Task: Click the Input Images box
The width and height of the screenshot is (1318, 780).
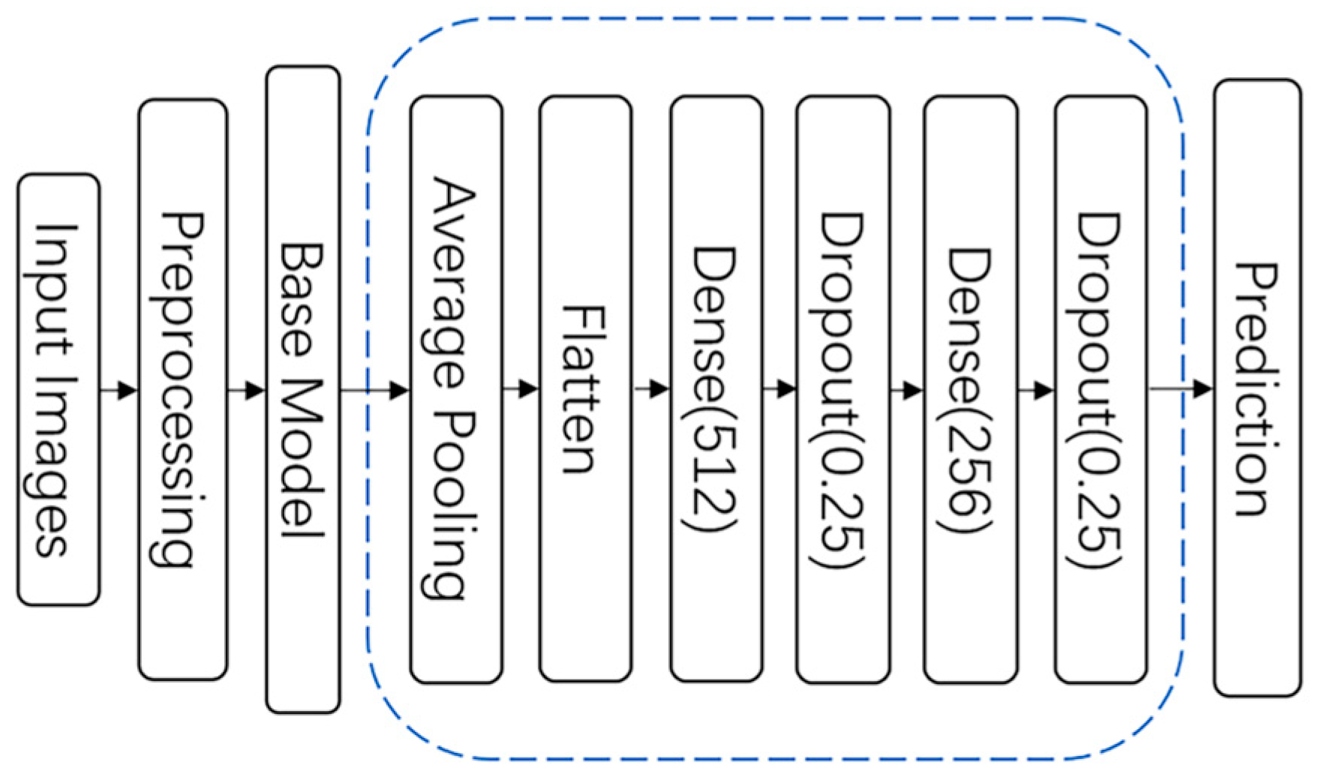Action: [x=59, y=389]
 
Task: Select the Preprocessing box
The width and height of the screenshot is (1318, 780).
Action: [x=182, y=389]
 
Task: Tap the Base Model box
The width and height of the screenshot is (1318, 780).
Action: [x=303, y=389]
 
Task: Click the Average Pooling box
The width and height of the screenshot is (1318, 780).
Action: [x=456, y=389]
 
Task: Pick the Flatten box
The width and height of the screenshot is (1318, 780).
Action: [x=585, y=389]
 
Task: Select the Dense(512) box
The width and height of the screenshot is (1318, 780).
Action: [x=716, y=389]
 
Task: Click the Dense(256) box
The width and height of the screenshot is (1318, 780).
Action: [x=971, y=389]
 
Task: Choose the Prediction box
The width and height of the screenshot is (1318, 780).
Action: [x=1257, y=388]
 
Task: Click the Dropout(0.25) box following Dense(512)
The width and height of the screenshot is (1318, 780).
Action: [x=843, y=389]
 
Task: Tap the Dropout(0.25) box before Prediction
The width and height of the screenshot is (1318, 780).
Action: [x=1100, y=389]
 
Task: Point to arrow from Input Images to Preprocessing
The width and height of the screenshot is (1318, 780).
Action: [x=119, y=390]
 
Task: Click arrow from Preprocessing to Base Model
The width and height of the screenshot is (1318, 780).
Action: [x=247, y=390]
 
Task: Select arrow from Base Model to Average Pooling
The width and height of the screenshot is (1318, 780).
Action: [x=375, y=390]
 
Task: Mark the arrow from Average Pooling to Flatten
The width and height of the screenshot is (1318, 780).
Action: [x=521, y=389]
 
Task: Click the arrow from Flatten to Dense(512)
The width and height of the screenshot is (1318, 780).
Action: [x=652, y=389]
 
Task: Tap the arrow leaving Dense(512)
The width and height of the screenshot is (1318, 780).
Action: [x=780, y=389]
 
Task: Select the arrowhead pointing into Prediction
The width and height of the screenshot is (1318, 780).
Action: [x=1203, y=388]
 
